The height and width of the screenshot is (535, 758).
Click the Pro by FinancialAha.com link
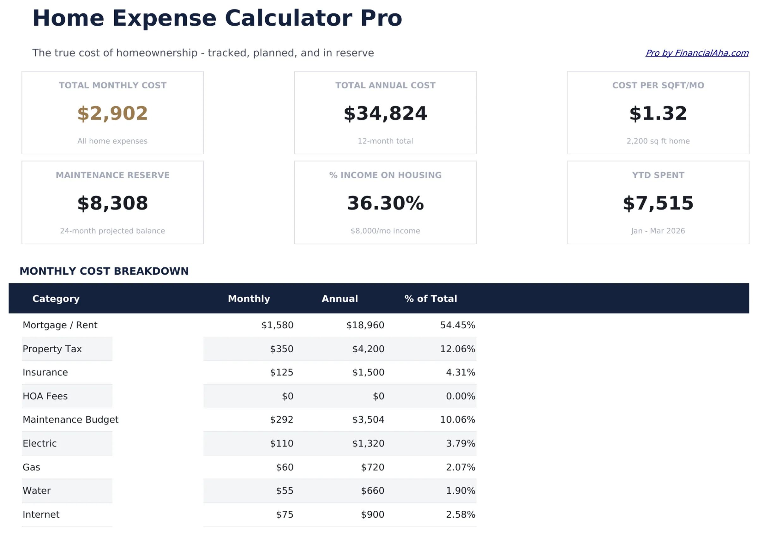point(697,53)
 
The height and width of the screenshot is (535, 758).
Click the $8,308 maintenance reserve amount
point(112,203)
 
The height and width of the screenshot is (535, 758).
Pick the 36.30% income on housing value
point(385,203)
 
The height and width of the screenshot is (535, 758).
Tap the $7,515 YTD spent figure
point(658,203)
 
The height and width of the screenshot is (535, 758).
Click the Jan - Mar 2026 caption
point(658,231)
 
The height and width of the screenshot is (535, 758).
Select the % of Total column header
point(430,299)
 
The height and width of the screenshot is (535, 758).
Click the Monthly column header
point(249,299)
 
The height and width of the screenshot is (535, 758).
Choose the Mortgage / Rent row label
point(60,325)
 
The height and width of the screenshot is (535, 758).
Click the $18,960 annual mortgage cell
point(365,325)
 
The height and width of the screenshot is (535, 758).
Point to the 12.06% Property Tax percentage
point(457,349)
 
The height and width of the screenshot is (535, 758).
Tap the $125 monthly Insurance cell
point(282,373)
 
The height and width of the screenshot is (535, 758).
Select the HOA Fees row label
point(45,396)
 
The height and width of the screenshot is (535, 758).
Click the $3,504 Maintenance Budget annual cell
point(368,420)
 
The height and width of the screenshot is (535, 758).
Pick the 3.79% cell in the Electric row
point(460,444)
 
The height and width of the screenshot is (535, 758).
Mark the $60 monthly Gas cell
point(285,467)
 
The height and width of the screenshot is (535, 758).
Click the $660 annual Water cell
point(372,491)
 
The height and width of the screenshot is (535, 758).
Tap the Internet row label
point(41,514)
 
